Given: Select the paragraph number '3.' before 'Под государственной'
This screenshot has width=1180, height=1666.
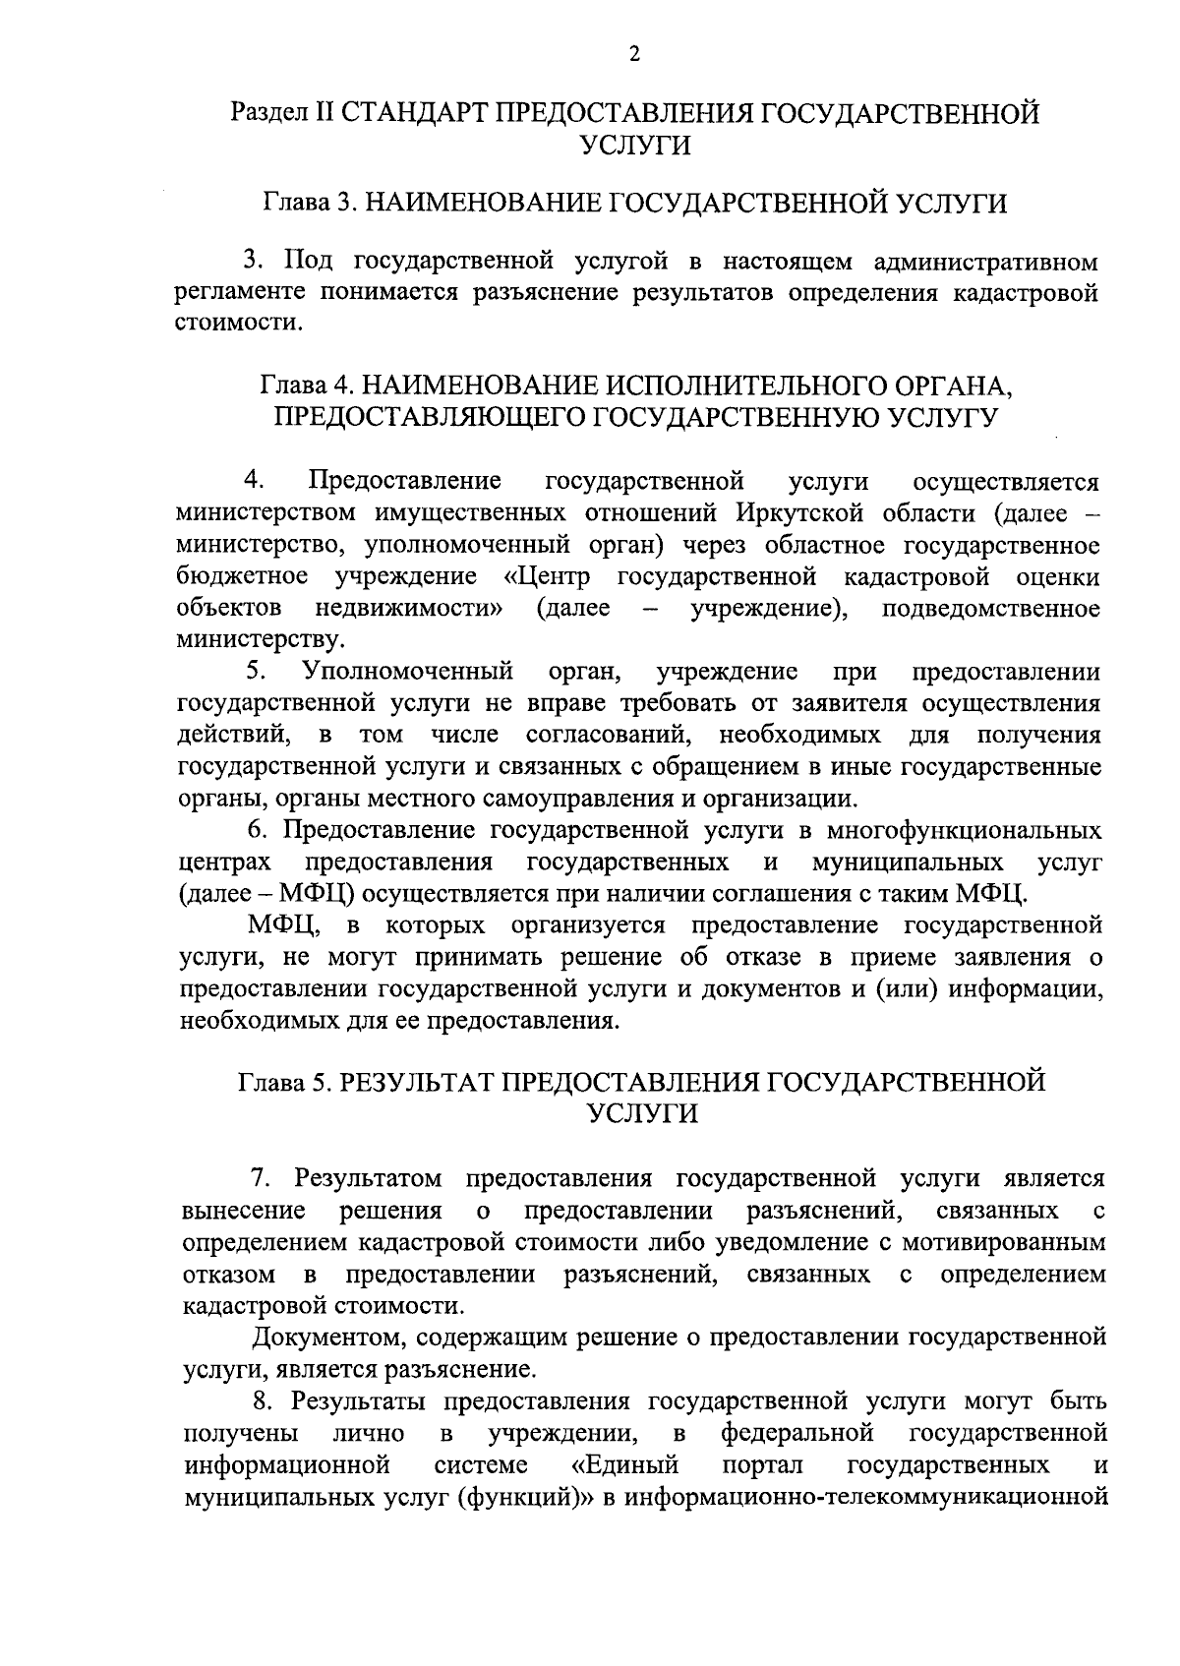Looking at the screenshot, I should tap(255, 262).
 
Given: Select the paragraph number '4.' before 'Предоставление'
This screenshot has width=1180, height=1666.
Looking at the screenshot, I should tap(255, 481).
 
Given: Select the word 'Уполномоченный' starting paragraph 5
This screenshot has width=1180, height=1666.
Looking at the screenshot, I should tap(408, 672).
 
